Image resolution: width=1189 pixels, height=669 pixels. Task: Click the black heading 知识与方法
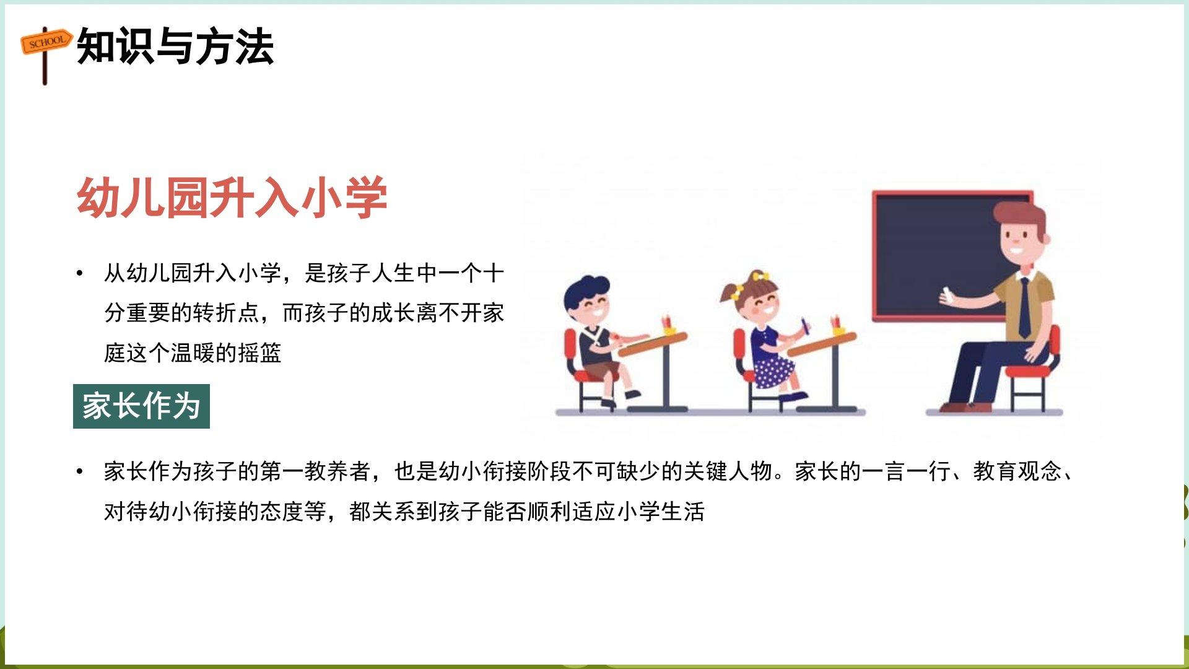[x=175, y=46]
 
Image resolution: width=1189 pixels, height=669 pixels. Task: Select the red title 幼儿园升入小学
[x=232, y=198]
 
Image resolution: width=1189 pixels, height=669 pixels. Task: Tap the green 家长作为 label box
[x=141, y=406]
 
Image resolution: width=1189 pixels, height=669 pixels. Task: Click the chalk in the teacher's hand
[x=946, y=293]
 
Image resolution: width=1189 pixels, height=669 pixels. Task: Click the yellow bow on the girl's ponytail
[x=760, y=276]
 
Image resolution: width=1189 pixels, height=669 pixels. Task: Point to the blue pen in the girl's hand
[x=805, y=326]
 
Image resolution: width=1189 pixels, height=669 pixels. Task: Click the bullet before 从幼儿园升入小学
[x=79, y=273]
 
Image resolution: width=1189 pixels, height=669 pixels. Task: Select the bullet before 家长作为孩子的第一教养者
[x=79, y=472]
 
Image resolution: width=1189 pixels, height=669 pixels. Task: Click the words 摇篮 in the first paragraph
[x=259, y=353]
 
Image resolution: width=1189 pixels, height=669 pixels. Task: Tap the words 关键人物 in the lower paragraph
[x=728, y=472]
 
